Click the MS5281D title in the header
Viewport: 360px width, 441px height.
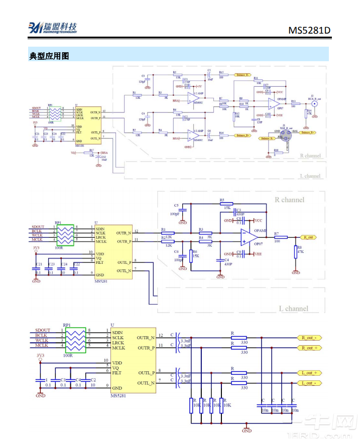click(309, 30)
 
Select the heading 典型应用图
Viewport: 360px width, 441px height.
click(49, 56)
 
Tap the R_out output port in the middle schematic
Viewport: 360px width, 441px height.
click(307, 237)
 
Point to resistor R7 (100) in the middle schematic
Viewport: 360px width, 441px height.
click(277, 237)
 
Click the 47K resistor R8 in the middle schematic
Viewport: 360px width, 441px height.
click(296, 252)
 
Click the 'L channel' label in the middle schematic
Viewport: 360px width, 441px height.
click(293, 308)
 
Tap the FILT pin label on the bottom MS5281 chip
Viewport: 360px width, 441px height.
click(117, 373)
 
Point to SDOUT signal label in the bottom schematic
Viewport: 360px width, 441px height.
click(43, 330)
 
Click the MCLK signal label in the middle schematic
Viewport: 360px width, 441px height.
click(37, 240)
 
